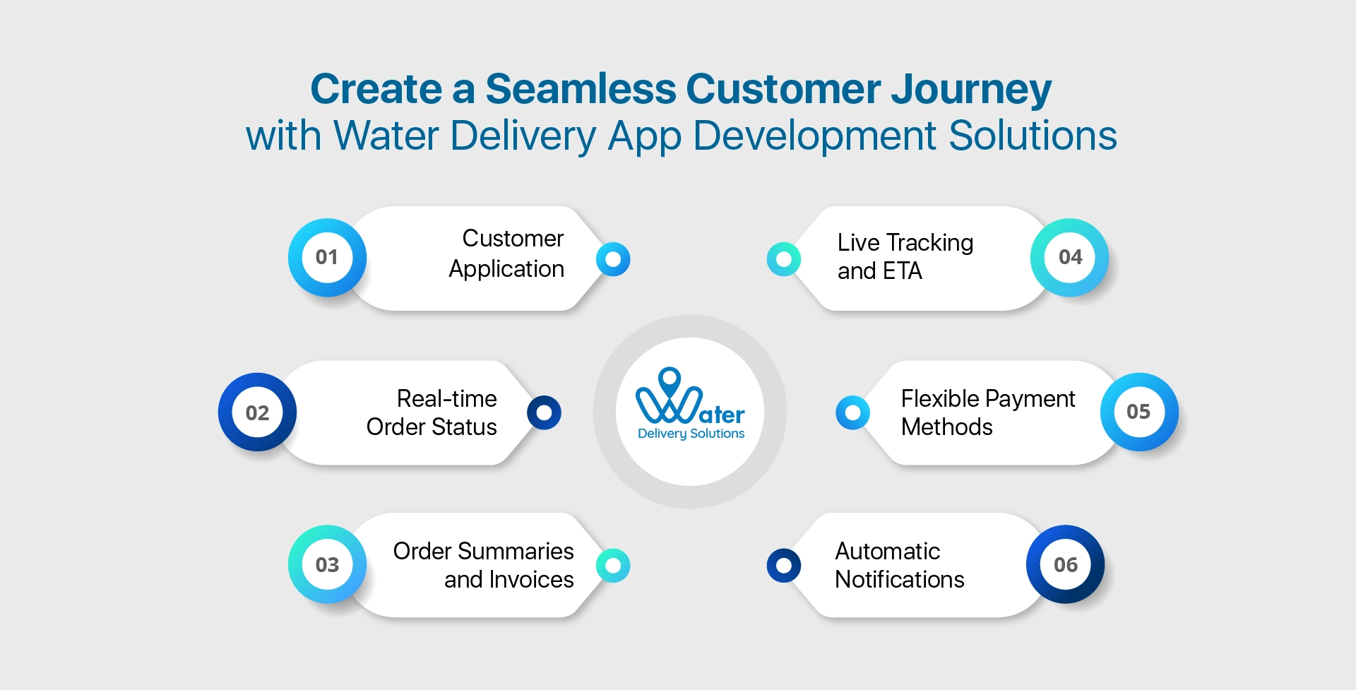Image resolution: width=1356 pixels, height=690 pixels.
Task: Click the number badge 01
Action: (x=327, y=257)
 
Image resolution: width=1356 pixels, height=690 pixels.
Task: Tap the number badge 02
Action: (x=257, y=412)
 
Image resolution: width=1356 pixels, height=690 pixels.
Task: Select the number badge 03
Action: (x=327, y=564)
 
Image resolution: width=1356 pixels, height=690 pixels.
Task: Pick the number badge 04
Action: (x=1070, y=257)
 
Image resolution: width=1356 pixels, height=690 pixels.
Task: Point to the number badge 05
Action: (x=1138, y=412)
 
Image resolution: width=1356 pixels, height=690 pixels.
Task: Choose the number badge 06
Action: (x=1066, y=564)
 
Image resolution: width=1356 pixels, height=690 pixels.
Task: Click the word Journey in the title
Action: (x=971, y=90)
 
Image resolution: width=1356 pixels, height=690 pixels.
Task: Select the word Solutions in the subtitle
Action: (x=1033, y=136)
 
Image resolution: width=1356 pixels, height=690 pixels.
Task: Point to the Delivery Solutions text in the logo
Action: (x=691, y=434)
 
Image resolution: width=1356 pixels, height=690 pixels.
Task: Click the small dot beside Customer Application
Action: (x=613, y=259)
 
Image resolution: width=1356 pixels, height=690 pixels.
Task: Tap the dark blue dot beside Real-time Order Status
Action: (x=544, y=412)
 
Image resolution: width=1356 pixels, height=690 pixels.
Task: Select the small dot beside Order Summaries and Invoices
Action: (x=613, y=565)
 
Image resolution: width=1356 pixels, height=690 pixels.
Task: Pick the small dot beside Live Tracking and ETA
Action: (x=783, y=259)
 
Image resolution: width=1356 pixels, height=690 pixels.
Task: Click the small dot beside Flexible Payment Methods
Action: (x=852, y=412)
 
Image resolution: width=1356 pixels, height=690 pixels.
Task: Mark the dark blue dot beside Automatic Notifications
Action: (x=783, y=565)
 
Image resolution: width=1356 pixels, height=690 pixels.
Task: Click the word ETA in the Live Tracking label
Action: (x=902, y=271)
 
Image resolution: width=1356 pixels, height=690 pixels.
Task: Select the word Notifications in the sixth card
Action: (x=899, y=580)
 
